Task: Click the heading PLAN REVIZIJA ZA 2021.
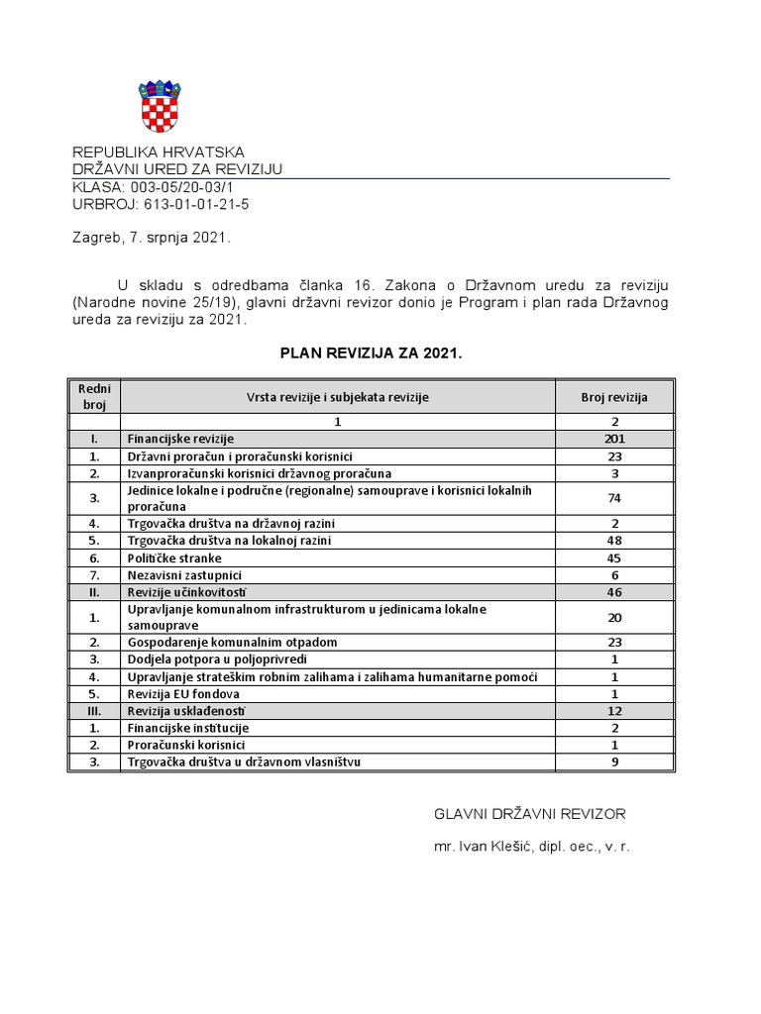[x=371, y=353]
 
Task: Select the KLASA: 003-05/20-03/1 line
[x=154, y=187]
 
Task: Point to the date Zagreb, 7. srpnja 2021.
[x=152, y=238]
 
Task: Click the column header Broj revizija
[x=614, y=396]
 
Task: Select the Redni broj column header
[x=94, y=396]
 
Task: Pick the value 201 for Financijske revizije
[x=614, y=439]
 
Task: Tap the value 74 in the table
[x=614, y=498]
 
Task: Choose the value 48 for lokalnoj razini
[x=614, y=541]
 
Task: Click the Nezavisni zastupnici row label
[x=185, y=574]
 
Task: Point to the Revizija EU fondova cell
[x=183, y=693]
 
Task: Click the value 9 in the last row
[x=614, y=761]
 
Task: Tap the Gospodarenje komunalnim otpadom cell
[x=232, y=642]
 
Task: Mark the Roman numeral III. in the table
[x=94, y=710]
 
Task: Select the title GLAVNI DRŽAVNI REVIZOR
[x=530, y=813]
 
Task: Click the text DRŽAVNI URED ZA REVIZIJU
[x=178, y=169]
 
